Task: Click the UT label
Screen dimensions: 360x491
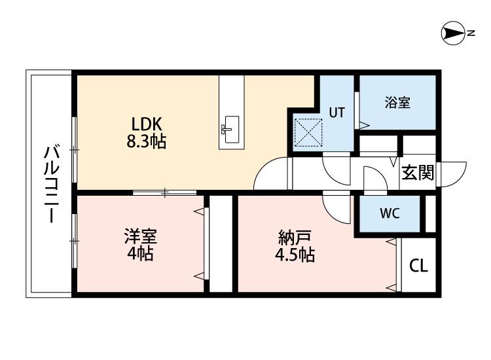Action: coord(336,112)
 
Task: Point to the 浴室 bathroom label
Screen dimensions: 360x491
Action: coord(397,102)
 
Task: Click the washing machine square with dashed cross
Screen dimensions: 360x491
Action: coord(308,131)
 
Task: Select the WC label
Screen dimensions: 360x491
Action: coord(390,213)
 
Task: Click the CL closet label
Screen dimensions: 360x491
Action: coord(418,266)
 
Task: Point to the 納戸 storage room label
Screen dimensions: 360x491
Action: coord(293,237)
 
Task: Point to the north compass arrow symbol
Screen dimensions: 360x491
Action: coord(452,33)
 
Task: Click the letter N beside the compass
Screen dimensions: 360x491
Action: coord(471,33)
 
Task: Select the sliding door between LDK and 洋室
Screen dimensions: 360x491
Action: coord(164,192)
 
